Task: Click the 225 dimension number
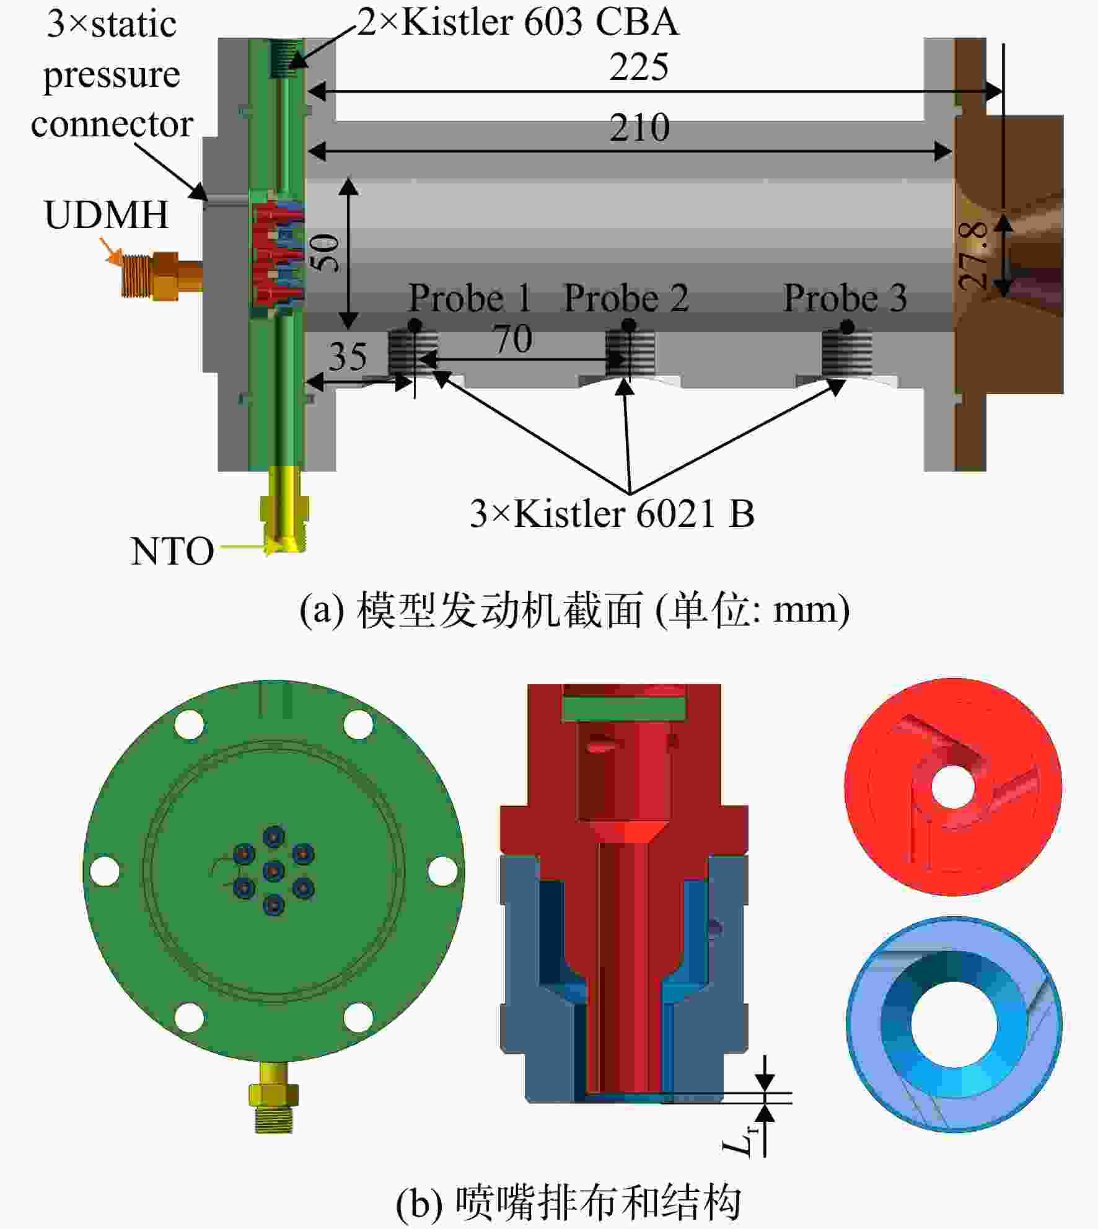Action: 639,66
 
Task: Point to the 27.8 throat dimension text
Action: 973,256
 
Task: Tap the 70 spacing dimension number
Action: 513,339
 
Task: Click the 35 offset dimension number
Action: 348,356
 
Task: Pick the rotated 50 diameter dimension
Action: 325,252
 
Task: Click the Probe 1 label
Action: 470,298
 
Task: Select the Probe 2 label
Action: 626,298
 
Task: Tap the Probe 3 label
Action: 845,298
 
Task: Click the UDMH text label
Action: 107,215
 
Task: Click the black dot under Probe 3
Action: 848,327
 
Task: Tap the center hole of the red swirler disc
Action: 953,788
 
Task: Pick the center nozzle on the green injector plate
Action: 273,871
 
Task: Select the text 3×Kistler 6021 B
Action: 612,514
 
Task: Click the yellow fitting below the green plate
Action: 273,1096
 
